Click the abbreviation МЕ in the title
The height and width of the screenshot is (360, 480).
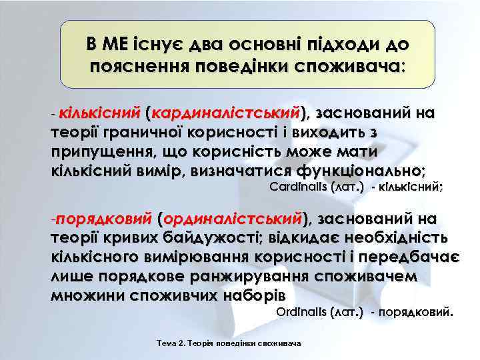(117, 45)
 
